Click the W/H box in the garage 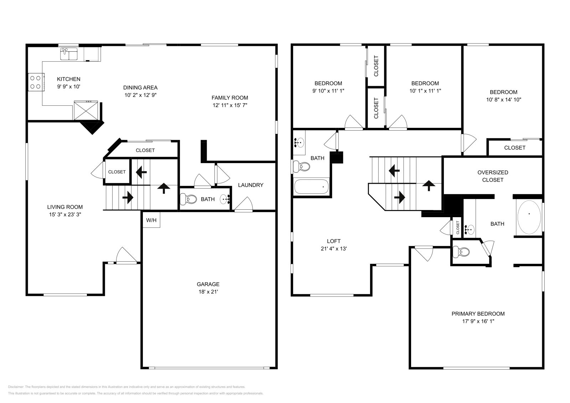pos(151,220)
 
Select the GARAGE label pos(208,284)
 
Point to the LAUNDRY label pos(250,185)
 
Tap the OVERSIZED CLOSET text pos(493,176)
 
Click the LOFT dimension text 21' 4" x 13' pos(333,249)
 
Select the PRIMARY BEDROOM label pos(478,314)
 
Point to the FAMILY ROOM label pos(230,98)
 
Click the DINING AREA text pos(140,88)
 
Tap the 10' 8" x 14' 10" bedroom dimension pos(503,100)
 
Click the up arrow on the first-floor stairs pos(164,188)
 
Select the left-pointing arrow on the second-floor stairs pos(394,171)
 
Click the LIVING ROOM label pos(65,207)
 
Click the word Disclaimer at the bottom pos(15,387)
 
